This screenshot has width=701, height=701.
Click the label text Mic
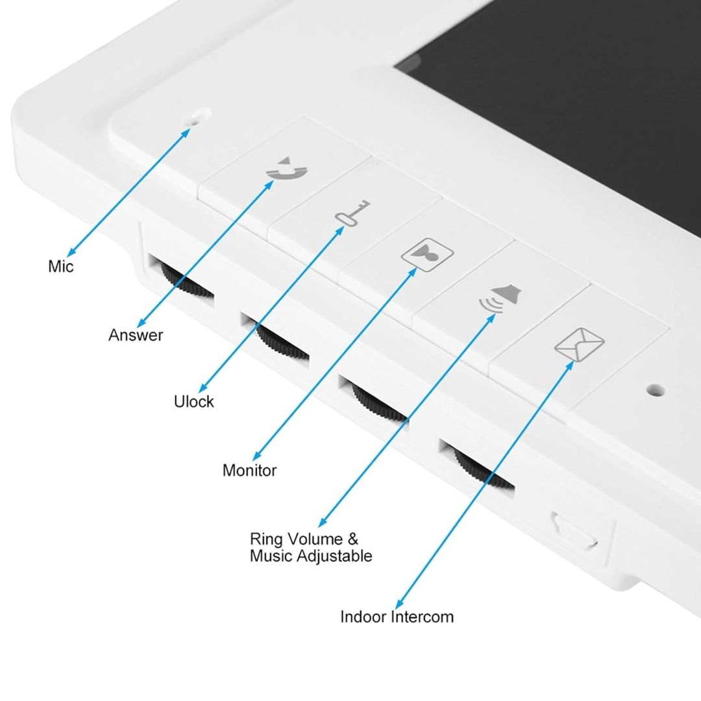click(x=61, y=266)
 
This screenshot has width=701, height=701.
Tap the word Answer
click(x=136, y=335)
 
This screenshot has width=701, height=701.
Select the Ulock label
click(x=193, y=402)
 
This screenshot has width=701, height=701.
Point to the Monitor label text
click(x=249, y=471)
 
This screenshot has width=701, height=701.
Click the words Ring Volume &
click(x=304, y=539)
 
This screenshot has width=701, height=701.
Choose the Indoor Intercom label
click(x=397, y=617)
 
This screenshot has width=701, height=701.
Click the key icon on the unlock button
click(x=352, y=213)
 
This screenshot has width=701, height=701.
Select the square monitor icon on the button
click(x=427, y=254)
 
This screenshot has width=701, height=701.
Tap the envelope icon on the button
click(x=580, y=344)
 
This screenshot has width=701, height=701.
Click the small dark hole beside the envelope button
click(x=656, y=390)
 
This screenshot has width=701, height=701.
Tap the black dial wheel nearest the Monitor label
click(x=379, y=403)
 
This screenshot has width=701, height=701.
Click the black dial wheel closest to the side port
click(x=483, y=469)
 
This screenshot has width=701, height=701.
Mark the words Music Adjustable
click(x=311, y=556)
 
